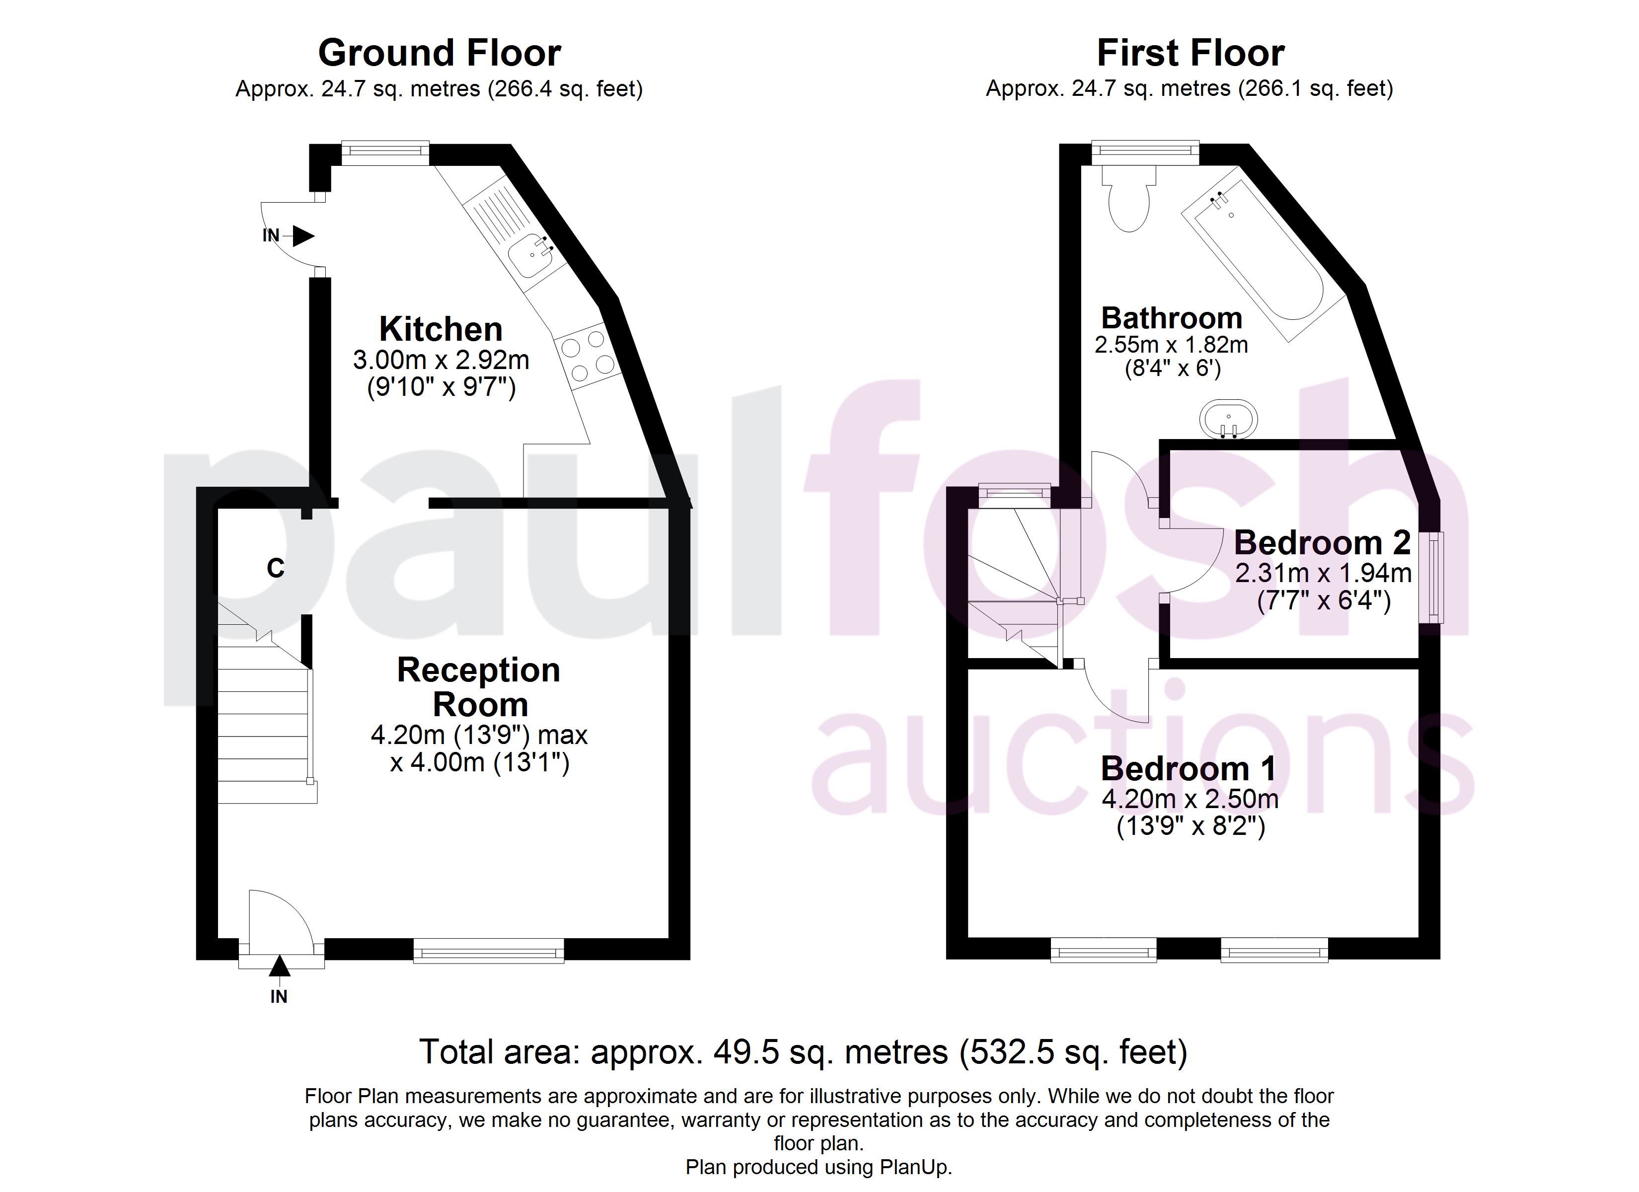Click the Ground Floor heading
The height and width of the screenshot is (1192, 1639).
coord(440,53)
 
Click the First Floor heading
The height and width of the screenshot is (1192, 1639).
coord(1190,53)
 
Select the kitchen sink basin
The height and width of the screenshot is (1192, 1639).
coord(530,257)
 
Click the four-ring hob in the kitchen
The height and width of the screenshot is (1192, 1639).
coord(588,357)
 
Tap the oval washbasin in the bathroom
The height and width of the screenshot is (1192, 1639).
coord(1229,419)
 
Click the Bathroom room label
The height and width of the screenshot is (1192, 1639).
coord(1172,318)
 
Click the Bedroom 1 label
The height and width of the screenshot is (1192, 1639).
coord(1189,768)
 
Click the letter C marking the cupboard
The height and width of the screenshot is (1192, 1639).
coord(275,568)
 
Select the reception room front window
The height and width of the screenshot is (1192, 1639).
coord(489,951)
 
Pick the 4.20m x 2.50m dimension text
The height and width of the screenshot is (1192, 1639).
coord(1190,799)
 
